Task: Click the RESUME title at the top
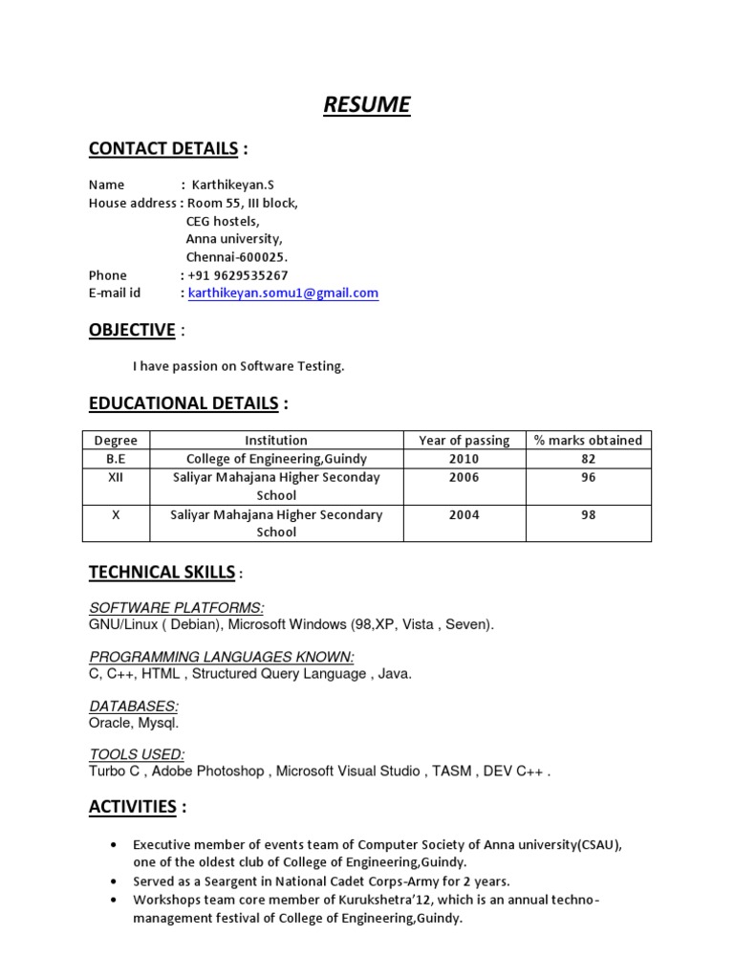point(367,104)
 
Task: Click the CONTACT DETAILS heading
point(163,148)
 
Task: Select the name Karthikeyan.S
point(233,185)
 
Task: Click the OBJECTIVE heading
point(132,330)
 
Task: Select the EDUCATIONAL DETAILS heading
point(183,403)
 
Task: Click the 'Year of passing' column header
point(464,440)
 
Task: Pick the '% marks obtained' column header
point(588,440)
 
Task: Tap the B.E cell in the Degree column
point(116,458)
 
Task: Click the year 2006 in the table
point(464,477)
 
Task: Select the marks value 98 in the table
point(588,514)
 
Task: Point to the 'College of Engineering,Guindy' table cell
point(276,458)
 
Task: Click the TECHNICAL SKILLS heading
point(162,573)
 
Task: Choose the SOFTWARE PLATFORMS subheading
point(177,608)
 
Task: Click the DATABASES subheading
point(133,707)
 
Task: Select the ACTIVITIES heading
point(133,807)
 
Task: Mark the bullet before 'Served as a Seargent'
point(116,881)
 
